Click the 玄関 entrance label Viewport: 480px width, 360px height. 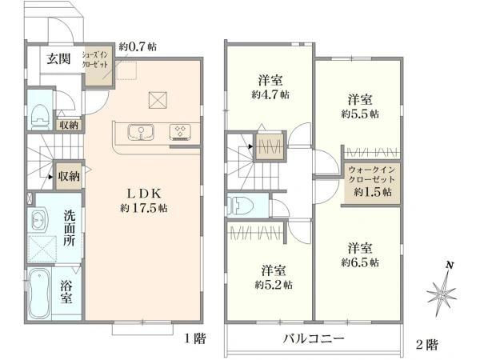57,58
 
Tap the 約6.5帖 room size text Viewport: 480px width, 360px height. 360,262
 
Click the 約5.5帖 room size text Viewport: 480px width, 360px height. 360,114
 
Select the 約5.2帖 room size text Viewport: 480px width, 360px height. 273,284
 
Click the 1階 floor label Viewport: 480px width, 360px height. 195,339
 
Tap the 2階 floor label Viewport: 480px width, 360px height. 426,344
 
